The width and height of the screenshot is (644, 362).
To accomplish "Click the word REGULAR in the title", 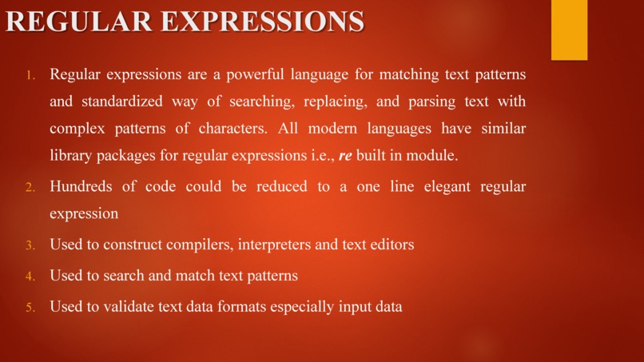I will click(x=78, y=22).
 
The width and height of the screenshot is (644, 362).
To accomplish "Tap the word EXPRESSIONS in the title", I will click(x=263, y=22).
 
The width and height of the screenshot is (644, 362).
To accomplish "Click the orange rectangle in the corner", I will click(x=569, y=30).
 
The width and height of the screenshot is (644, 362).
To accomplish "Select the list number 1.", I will click(x=30, y=77).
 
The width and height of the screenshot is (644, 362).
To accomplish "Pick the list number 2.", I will click(x=30, y=188).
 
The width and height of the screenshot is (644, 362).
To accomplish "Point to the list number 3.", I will click(x=30, y=245).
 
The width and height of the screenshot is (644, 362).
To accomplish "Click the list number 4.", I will click(x=30, y=276).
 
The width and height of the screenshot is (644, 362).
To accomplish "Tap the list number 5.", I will click(x=30, y=307).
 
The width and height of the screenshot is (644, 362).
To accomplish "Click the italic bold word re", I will click(x=346, y=155).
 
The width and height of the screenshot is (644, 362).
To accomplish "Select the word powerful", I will click(x=255, y=75).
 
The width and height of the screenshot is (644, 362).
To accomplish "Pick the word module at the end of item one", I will click(x=432, y=155).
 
